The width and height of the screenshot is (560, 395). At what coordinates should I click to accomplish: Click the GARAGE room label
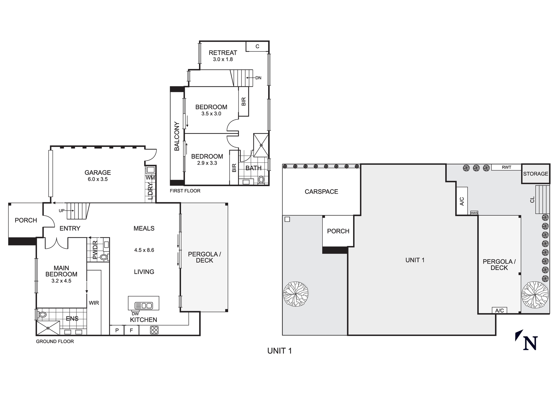pyautogui.click(x=98, y=172)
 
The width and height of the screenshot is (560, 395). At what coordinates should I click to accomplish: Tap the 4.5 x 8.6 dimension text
pyautogui.click(x=144, y=250)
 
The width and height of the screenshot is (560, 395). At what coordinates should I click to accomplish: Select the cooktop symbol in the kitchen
pyautogui.click(x=154, y=330)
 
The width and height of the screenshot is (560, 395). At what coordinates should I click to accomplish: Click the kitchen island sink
pyautogui.click(x=144, y=305)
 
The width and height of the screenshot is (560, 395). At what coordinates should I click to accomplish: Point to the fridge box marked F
pyautogui.click(x=131, y=330)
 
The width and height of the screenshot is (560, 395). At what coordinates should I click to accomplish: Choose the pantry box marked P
pyautogui.click(x=117, y=330)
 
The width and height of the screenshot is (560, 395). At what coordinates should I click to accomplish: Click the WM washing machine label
pyautogui.click(x=150, y=178)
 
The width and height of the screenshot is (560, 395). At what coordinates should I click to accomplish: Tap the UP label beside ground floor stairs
pyautogui.click(x=62, y=210)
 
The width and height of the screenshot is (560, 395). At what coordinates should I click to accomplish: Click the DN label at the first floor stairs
pyautogui.click(x=258, y=78)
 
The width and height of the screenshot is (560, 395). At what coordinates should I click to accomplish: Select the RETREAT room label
pyautogui.click(x=223, y=53)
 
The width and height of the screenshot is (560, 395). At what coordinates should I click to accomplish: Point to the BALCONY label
pyautogui.click(x=177, y=136)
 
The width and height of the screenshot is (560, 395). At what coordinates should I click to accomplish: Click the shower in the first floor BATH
pyautogui.click(x=261, y=145)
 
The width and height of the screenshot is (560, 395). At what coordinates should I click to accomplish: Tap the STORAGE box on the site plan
pyautogui.click(x=535, y=174)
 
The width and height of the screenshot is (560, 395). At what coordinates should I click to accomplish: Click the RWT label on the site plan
pyautogui.click(x=506, y=167)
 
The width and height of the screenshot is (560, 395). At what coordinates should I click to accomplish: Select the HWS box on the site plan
pyautogui.click(x=474, y=213)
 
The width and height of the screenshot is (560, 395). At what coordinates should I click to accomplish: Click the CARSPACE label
pyautogui.click(x=321, y=191)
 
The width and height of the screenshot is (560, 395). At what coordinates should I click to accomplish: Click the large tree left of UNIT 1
pyautogui.click(x=295, y=294)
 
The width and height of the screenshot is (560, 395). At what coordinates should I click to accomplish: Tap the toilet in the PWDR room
pyautogui.click(x=104, y=257)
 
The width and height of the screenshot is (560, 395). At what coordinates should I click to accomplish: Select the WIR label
pyautogui.click(x=94, y=303)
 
